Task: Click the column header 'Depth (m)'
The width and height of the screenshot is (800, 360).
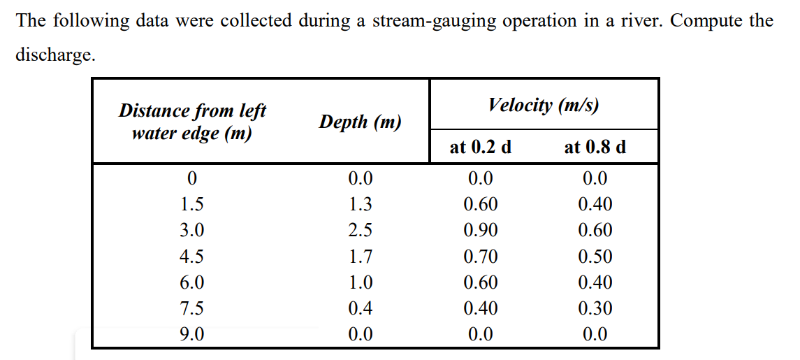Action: (x=360, y=122)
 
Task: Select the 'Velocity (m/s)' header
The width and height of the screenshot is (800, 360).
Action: (x=544, y=105)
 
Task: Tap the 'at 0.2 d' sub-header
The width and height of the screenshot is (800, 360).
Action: (x=481, y=147)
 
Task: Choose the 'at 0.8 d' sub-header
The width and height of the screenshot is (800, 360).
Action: (x=595, y=147)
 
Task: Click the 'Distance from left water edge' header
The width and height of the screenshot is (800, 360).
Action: (x=192, y=122)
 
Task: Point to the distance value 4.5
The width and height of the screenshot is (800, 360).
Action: (x=192, y=257)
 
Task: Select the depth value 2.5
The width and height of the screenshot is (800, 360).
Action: (x=360, y=231)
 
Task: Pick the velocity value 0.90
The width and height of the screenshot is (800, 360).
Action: (x=481, y=231)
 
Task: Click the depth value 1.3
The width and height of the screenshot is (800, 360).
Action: (x=360, y=205)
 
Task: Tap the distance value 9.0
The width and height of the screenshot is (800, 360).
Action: (x=192, y=334)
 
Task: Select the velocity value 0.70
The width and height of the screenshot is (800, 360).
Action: (x=481, y=257)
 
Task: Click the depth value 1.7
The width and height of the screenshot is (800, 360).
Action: (x=360, y=257)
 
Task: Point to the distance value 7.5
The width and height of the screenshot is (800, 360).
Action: (x=192, y=308)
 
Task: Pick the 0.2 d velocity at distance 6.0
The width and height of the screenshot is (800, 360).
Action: (x=481, y=282)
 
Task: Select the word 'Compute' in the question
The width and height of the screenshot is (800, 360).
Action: (x=707, y=21)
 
